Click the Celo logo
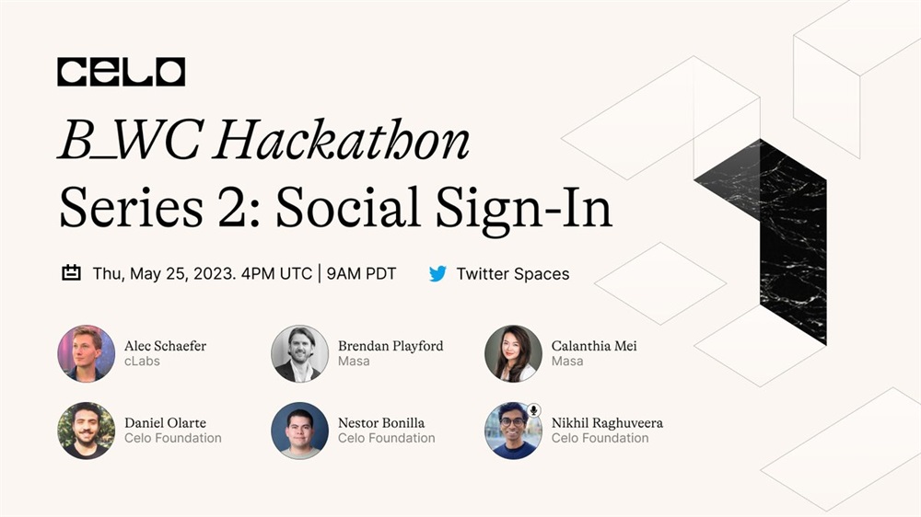(121, 72)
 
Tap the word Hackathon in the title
(342, 140)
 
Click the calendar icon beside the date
(71, 273)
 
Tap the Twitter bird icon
(437, 273)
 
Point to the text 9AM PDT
(361, 274)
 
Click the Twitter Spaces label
(513, 274)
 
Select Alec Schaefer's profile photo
(87, 354)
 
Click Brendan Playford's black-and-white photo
(299, 354)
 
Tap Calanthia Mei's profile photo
(513, 354)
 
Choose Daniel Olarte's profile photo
(87, 431)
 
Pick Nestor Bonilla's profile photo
(299, 431)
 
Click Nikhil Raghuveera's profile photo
(513, 431)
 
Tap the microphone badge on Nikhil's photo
(533, 410)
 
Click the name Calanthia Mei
(594, 346)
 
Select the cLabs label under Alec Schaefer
(142, 362)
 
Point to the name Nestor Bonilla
(381, 423)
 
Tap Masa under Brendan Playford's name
(354, 362)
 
